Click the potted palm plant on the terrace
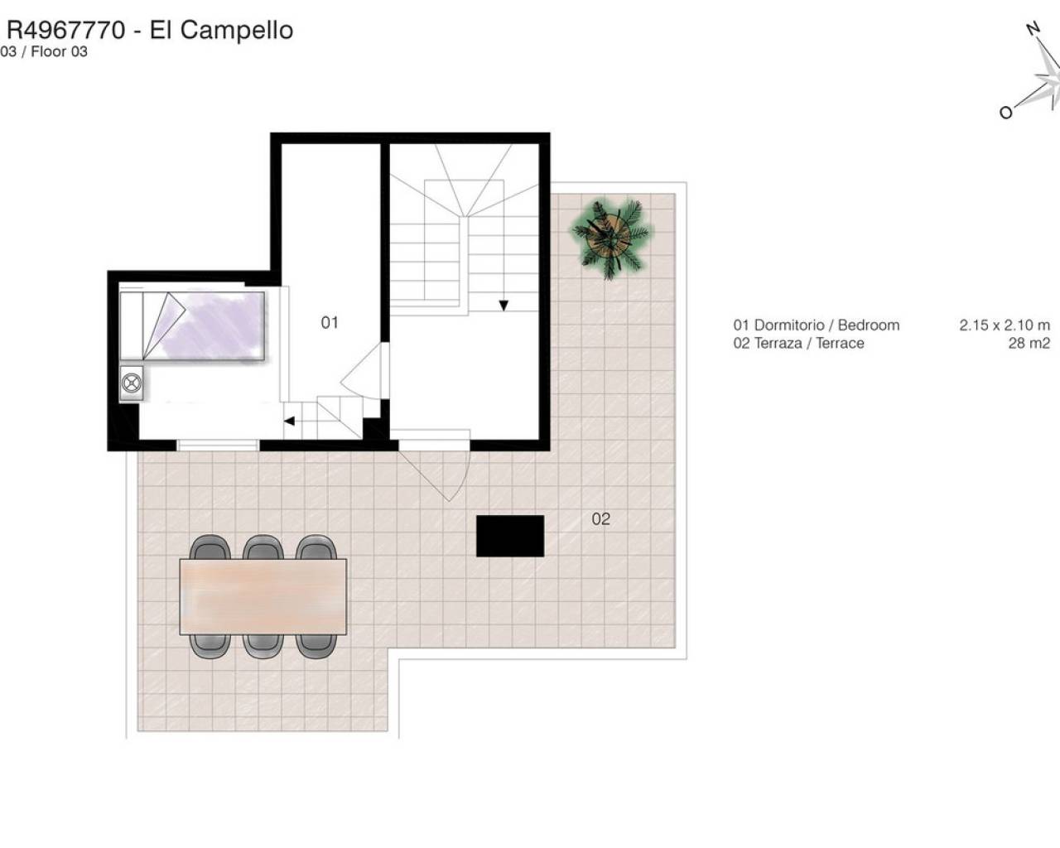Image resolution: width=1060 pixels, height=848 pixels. [611, 238]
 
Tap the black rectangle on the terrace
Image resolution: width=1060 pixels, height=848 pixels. [510, 536]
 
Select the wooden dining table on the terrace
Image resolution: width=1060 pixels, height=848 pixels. [263, 596]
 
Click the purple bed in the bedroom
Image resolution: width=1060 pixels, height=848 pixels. [192, 325]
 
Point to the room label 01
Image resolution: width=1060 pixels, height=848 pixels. [330, 323]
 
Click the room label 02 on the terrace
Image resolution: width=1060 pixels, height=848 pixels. [600, 519]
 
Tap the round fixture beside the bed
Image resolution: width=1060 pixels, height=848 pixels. [132, 383]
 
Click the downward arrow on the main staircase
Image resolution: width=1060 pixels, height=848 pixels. [503, 306]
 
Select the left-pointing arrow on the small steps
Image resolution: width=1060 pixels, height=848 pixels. [289, 421]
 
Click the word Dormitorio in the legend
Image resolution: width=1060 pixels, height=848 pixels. [789, 325]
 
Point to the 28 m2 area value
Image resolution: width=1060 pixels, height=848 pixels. [1029, 343]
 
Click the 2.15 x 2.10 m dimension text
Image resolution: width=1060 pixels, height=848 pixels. [1005, 325]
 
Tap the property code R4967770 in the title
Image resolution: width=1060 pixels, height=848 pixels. [66, 30]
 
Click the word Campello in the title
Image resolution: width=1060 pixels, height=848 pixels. [237, 31]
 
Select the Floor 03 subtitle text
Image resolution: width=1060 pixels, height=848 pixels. [59, 51]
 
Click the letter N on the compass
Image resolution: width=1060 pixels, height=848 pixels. [1033, 29]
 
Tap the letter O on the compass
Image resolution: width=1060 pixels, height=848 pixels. [1006, 113]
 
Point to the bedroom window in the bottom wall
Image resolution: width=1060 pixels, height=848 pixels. [218, 445]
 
